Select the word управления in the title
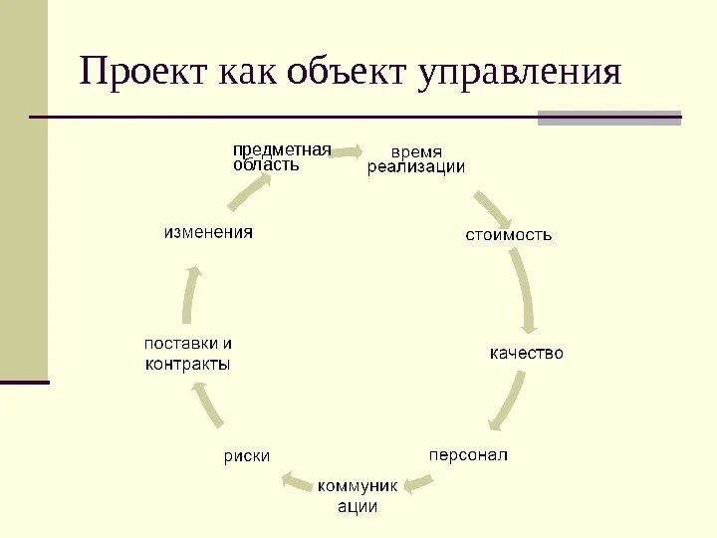(x=521, y=73)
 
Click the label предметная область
(x=281, y=157)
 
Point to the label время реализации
(x=415, y=159)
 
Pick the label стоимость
(x=509, y=235)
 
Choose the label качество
(x=526, y=353)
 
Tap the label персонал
(x=468, y=454)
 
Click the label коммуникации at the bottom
(x=358, y=496)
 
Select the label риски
(x=246, y=456)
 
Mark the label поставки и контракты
(x=188, y=354)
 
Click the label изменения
(x=208, y=232)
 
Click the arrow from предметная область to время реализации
(x=347, y=151)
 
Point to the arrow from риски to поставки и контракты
(x=207, y=405)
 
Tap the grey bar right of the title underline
(x=608, y=118)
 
